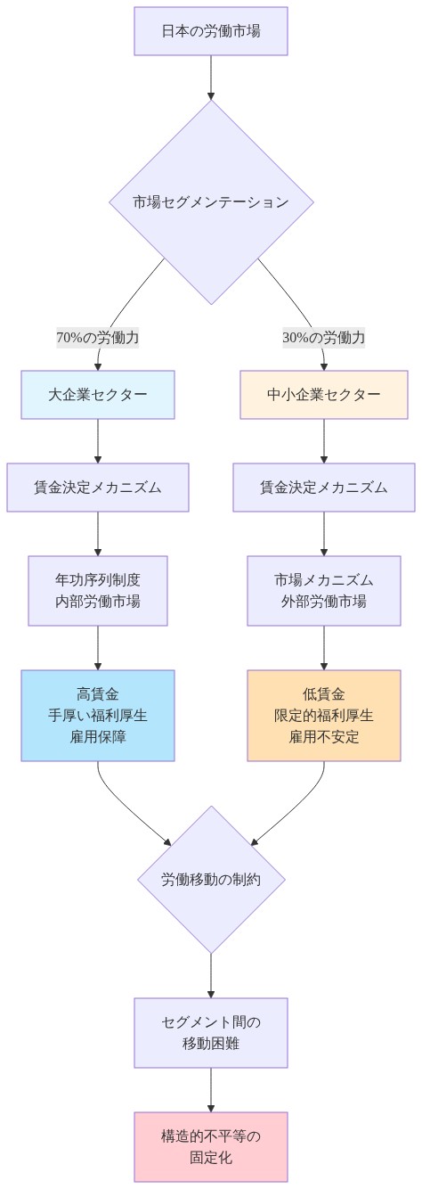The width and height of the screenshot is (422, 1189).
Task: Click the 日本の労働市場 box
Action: pyautogui.click(x=211, y=31)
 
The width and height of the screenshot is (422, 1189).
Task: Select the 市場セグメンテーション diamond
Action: pyautogui.click(x=211, y=202)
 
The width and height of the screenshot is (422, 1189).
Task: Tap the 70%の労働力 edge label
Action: pyautogui.click(x=98, y=338)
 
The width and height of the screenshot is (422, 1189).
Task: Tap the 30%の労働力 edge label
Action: pyautogui.click(x=324, y=338)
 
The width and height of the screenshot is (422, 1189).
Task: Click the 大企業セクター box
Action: pyautogui.click(x=98, y=395)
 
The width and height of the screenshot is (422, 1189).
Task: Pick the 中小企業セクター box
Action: pyautogui.click(x=324, y=395)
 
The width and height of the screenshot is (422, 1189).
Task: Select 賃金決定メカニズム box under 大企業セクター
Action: pyautogui.click(x=98, y=488)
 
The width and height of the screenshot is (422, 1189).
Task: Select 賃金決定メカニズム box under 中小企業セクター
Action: pyautogui.click(x=324, y=488)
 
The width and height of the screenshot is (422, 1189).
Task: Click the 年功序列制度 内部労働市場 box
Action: pyautogui.click(x=98, y=591)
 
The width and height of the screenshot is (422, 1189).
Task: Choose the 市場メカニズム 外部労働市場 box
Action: pyautogui.click(x=324, y=591)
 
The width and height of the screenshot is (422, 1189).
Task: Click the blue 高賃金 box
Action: pyautogui.click(x=98, y=716)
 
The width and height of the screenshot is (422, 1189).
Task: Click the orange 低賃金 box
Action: pyautogui.click(x=324, y=716)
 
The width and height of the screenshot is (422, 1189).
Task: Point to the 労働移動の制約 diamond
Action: pyautogui.click(x=211, y=880)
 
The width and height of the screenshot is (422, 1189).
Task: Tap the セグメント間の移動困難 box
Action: pyautogui.click(x=211, y=1033)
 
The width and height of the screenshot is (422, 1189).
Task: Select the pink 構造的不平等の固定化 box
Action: pyautogui.click(x=211, y=1147)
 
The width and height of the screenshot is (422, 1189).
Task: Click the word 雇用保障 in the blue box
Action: pyautogui.click(x=98, y=737)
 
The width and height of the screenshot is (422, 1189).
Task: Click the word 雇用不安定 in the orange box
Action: pyautogui.click(x=324, y=737)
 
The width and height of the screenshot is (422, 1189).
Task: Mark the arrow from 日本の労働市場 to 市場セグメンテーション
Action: pyautogui.click(x=211, y=77)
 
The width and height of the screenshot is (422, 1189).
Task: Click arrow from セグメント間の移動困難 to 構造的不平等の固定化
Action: pyautogui.click(x=211, y=1089)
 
